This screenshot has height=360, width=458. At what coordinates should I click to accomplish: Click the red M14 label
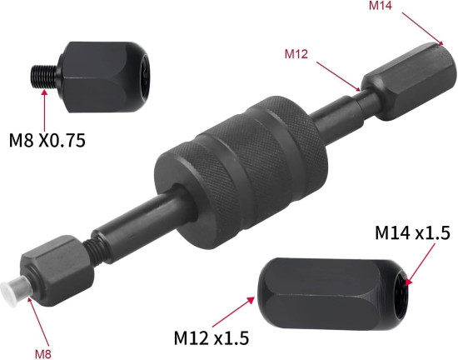[381, 5]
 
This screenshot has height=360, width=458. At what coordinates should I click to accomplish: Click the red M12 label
[296, 54]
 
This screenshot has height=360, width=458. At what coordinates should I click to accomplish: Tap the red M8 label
[43, 354]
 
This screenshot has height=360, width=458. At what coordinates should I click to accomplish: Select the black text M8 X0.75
[47, 140]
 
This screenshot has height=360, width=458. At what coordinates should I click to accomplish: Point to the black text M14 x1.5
[412, 233]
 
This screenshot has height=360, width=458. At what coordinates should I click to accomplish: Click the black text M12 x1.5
[212, 337]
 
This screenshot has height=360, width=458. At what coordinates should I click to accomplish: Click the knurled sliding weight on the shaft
[241, 172]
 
